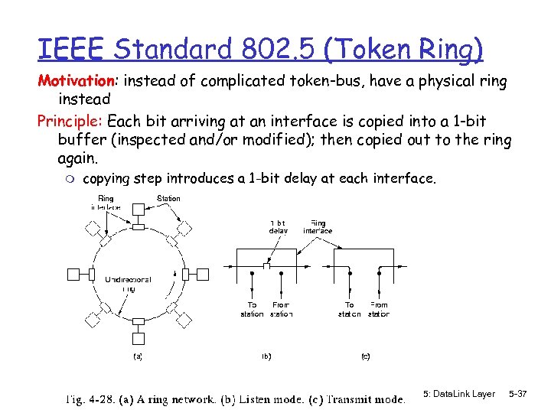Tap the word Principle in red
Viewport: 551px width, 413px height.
(x=70, y=121)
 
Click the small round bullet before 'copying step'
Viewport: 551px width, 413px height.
(x=70, y=179)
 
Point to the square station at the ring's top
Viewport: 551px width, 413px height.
(x=138, y=210)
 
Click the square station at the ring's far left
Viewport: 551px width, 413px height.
(x=74, y=273)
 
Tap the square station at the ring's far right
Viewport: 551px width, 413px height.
(x=203, y=273)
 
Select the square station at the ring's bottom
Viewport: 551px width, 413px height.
(x=138, y=337)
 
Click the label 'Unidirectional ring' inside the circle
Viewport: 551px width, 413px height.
(x=128, y=284)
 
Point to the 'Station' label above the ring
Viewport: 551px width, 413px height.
(x=168, y=199)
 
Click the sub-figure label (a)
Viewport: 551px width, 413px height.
(x=137, y=356)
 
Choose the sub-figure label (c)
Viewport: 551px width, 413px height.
(x=365, y=356)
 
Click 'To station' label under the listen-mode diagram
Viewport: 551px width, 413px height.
(x=252, y=309)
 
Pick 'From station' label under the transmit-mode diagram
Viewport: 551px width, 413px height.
(x=379, y=309)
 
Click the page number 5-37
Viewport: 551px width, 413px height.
(x=518, y=394)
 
